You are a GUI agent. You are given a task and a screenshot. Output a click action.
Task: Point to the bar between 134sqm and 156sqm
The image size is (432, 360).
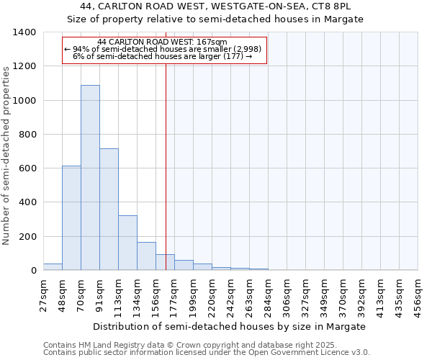coord(146,256)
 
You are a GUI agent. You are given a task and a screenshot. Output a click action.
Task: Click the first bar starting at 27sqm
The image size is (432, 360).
coord(53,267)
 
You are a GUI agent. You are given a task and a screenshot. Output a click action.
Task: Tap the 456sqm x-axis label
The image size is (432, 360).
coord(418,294)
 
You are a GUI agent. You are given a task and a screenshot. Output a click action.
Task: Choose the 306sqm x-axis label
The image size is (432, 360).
coord(287,294)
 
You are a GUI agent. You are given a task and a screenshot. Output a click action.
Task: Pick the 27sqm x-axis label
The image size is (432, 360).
coord(43,294)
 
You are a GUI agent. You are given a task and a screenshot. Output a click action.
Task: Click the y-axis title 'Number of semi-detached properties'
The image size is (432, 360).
coord(7,156)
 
